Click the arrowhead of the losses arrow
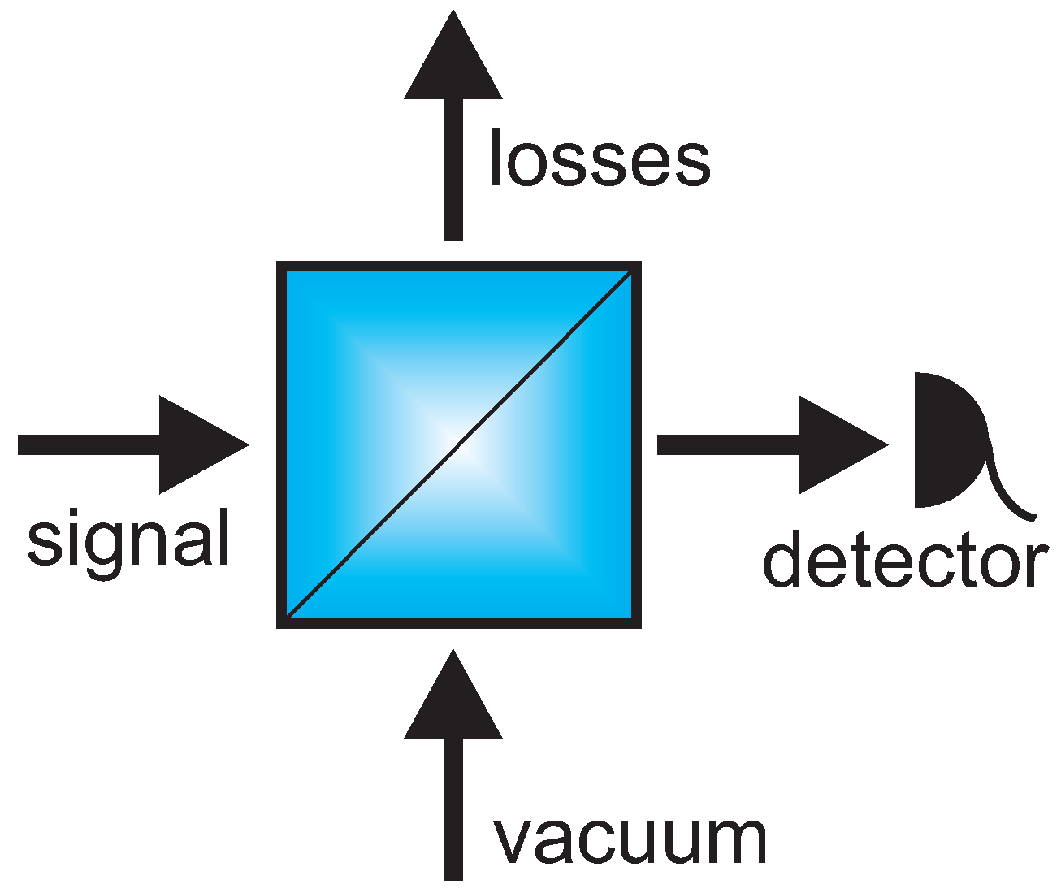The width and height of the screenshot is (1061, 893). point(453,61)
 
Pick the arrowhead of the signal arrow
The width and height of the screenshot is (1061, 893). point(199,444)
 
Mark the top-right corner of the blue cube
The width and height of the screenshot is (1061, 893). point(636,267)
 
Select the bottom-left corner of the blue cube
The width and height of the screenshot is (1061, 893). point(282,623)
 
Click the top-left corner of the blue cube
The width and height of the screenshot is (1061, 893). point(282,267)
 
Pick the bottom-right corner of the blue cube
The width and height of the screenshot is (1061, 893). point(636,623)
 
